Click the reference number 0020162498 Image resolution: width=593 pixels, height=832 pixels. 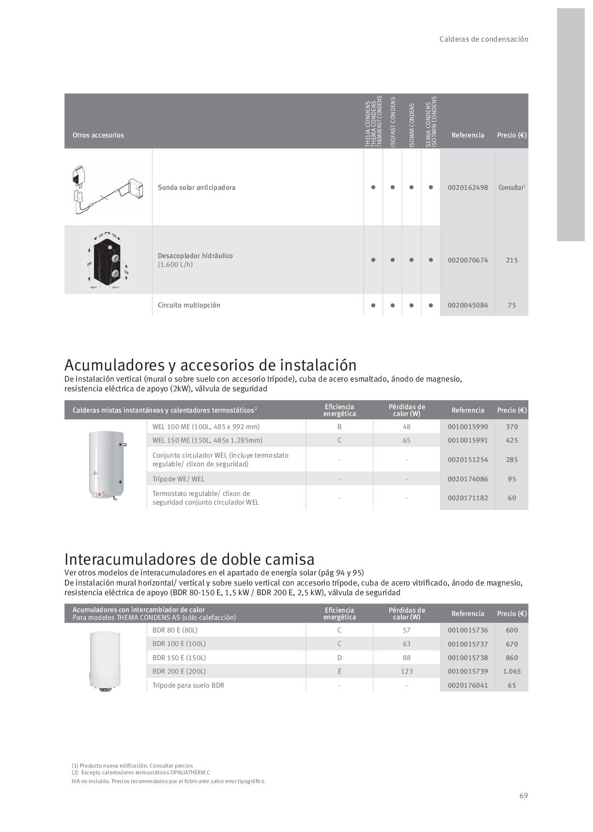(x=468, y=187)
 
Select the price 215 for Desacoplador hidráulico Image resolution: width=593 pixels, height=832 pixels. (x=512, y=260)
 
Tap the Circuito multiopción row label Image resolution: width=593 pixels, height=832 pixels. (x=189, y=305)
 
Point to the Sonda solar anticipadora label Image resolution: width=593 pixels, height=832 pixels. (x=197, y=187)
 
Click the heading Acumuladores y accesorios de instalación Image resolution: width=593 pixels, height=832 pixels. (x=211, y=365)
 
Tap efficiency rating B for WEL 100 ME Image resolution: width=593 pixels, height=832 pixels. (x=339, y=427)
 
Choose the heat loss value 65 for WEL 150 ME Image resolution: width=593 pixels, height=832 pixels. (x=407, y=440)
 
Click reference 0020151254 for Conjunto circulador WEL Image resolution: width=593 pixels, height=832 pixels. (x=468, y=460)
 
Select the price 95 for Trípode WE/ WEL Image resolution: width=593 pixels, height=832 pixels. (x=512, y=479)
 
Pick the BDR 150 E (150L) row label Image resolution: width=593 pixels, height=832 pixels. (x=179, y=658)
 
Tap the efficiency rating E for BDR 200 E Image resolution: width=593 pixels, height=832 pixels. (x=339, y=671)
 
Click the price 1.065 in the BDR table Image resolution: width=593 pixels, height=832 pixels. (x=512, y=671)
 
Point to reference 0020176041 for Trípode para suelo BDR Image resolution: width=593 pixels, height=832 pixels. (x=468, y=685)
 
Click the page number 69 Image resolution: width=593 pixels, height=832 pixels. (x=523, y=796)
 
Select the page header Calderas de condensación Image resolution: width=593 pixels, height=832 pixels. (x=484, y=39)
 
